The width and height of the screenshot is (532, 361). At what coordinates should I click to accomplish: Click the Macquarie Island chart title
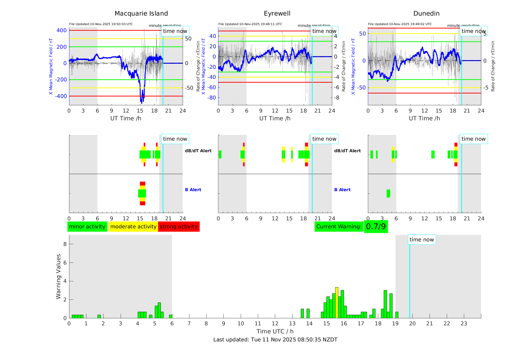click(x=141, y=14)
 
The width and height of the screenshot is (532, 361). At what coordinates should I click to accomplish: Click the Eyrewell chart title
click(x=277, y=14)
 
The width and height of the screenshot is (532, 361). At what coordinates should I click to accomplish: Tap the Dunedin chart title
click(x=426, y=14)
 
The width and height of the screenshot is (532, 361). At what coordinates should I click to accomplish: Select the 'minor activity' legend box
click(x=87, y=227)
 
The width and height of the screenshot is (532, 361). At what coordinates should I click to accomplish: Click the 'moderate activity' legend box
click(x=133, y=227)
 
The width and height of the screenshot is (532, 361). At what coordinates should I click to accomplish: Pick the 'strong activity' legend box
click(x=179, y=227)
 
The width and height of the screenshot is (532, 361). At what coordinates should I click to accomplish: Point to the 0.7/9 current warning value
click(x=376, y=227)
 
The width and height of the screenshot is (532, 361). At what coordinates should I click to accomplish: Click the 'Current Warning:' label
click(x=339, y=227)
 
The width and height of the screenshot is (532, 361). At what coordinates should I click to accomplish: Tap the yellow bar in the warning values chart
click(x=337, y=302)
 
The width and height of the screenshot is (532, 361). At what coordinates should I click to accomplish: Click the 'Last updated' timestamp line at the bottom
click(x=275, y=340)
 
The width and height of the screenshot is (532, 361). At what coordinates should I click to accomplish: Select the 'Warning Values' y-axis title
click(x=58, y=276)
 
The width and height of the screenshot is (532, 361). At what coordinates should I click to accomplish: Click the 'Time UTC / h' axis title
click(x=275, y=331)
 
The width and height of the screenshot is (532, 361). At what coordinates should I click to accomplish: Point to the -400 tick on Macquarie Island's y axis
click(x=61, y=96)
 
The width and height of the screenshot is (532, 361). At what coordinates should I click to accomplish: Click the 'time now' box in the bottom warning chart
click(x=422, y=240)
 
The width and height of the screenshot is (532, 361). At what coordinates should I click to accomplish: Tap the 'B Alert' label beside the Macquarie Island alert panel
click(x=193, y=190)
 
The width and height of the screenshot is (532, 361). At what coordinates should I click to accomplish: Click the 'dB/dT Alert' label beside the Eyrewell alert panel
click(x=347, y=151)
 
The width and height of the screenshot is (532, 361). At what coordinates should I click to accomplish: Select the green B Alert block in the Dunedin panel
click(x=388, y=193)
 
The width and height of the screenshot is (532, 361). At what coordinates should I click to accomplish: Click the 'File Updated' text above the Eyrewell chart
click(x=250, y=24)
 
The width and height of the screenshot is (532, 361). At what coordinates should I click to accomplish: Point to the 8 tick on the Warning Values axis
click(x=65, y=244)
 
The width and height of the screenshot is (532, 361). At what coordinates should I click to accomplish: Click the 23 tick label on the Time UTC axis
click(x=464, y=324)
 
